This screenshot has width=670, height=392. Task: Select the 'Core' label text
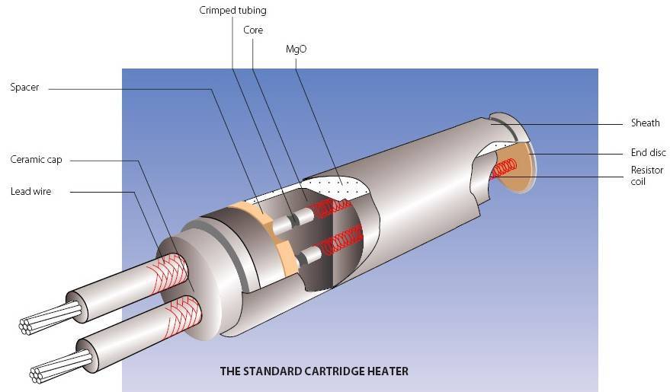pyautogui.click(x=253, y=30)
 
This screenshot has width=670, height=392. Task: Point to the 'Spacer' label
pyautogui.click(x=24, y=88)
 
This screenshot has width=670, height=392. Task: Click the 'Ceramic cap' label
pyautogui.click(x=36, y=160)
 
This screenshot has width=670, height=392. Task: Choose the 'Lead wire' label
pyautogui.click(x=30, y=192)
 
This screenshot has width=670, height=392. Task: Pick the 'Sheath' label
pyautogui.click(x=645, y=123)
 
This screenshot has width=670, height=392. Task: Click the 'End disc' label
pyautogui.click(x=648, y=152)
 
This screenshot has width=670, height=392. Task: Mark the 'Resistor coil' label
pyautogui.click(x=646, y=176)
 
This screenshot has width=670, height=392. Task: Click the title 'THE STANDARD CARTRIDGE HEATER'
pyautogui.click(x=314, y=371)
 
